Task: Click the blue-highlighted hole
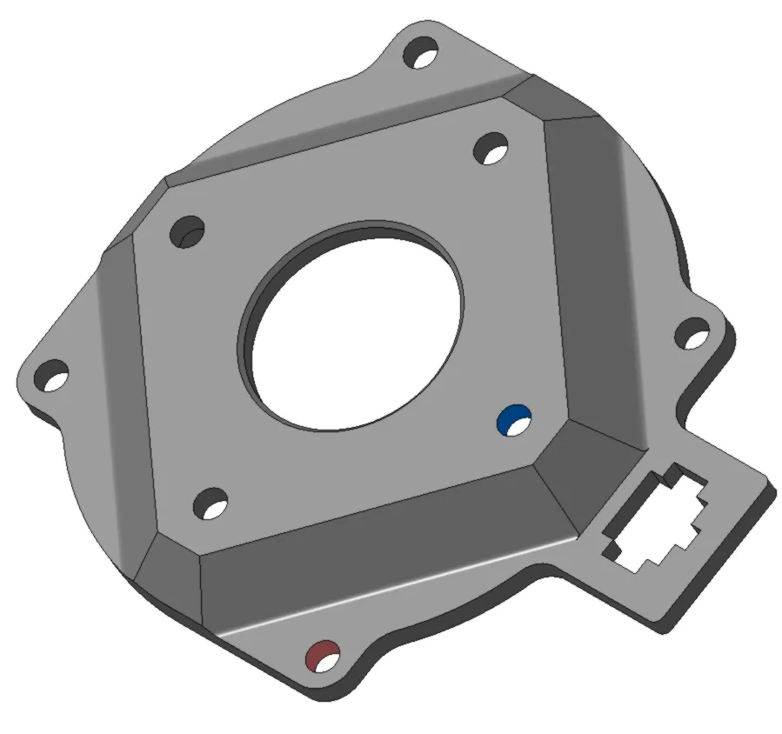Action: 513,419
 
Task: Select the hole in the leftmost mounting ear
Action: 52,375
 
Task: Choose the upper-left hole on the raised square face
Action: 186,232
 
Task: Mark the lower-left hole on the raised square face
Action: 210,504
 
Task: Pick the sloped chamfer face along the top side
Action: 339,130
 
